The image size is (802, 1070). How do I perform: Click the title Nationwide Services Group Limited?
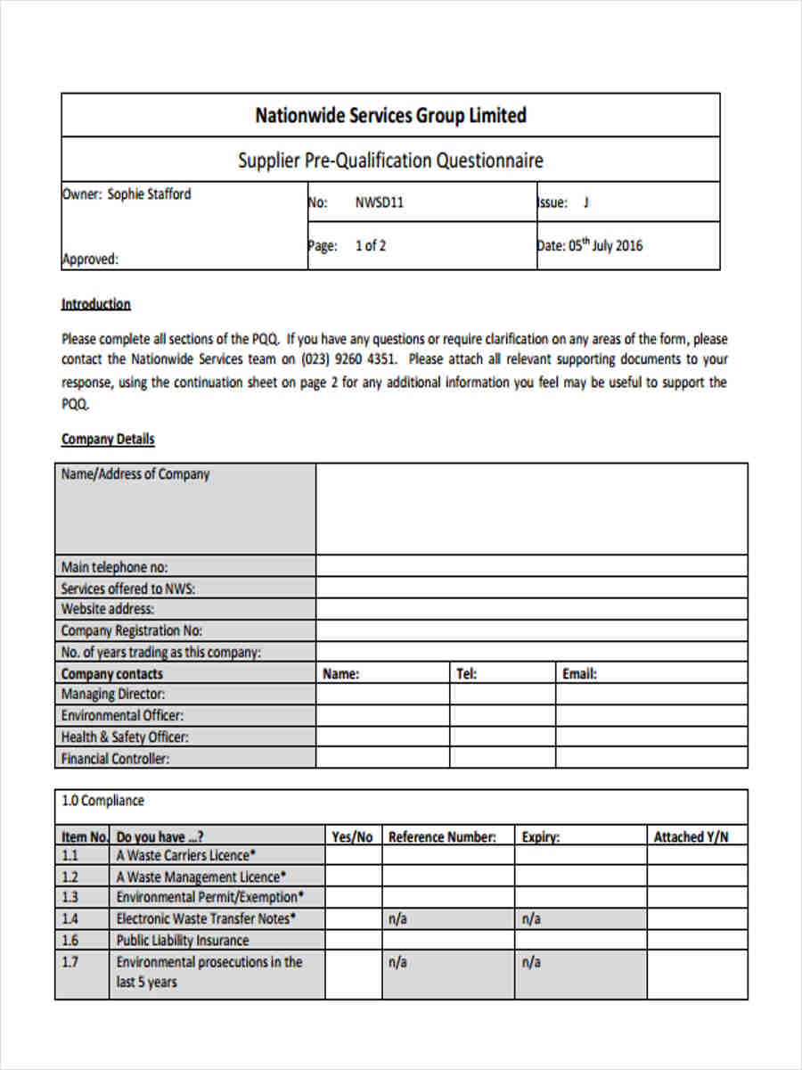390,115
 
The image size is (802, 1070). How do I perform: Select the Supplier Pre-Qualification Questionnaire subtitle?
390,160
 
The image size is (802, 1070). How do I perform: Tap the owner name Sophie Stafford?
149,194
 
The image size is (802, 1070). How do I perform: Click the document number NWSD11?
380,202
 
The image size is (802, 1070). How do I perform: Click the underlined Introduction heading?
95,304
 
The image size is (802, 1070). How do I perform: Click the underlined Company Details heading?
107,439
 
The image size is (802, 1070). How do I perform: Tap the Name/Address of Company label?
135,474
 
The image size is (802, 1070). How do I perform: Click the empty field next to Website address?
531,610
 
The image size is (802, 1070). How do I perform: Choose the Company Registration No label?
131,631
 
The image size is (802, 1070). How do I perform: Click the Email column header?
579,674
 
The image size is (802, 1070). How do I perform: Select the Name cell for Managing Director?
382,695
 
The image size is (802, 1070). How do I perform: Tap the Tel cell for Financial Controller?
503,759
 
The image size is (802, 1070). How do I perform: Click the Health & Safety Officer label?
125,737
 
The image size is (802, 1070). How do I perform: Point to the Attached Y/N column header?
691,837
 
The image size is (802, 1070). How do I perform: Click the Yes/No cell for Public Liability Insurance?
353,940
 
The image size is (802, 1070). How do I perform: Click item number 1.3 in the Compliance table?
70,897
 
